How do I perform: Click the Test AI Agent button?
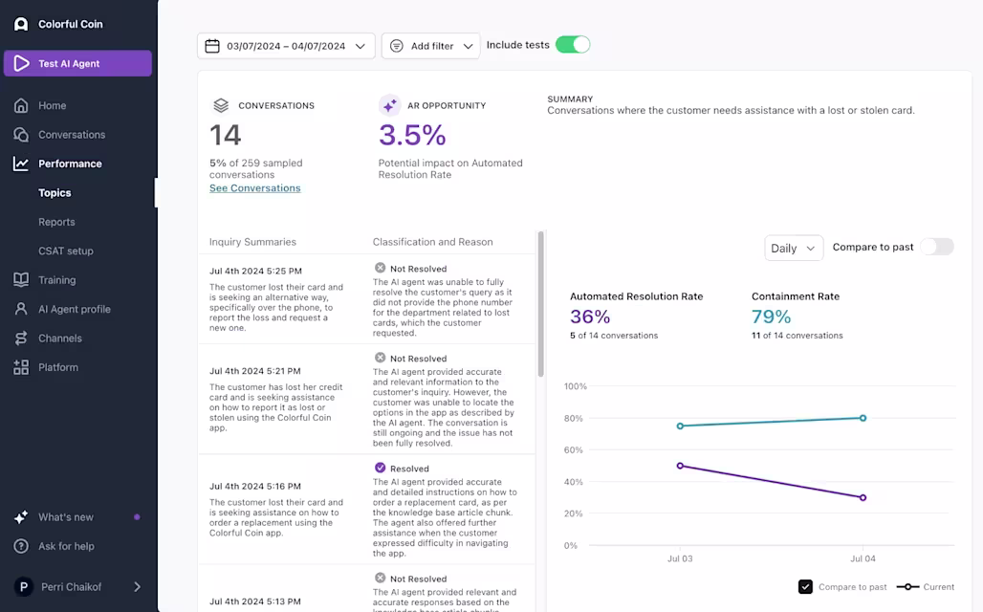77,63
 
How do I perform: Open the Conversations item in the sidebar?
72,135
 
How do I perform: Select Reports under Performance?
56,222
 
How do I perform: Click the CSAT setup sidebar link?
66,251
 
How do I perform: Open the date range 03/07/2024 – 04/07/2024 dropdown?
286,46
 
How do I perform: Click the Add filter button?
430,46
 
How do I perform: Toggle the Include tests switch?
573,45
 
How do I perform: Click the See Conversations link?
255,188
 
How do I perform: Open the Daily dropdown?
794,249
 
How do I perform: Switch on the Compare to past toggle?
937,247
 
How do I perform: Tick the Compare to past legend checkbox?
805,587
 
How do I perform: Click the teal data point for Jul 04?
863,418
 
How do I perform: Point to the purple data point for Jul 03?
680,466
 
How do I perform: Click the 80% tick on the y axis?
574,418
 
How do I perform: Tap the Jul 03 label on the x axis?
680,558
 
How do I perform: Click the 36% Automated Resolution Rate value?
590,317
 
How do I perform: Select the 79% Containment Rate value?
771,317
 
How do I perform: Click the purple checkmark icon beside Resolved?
380,468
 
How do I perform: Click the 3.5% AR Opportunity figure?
412,135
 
